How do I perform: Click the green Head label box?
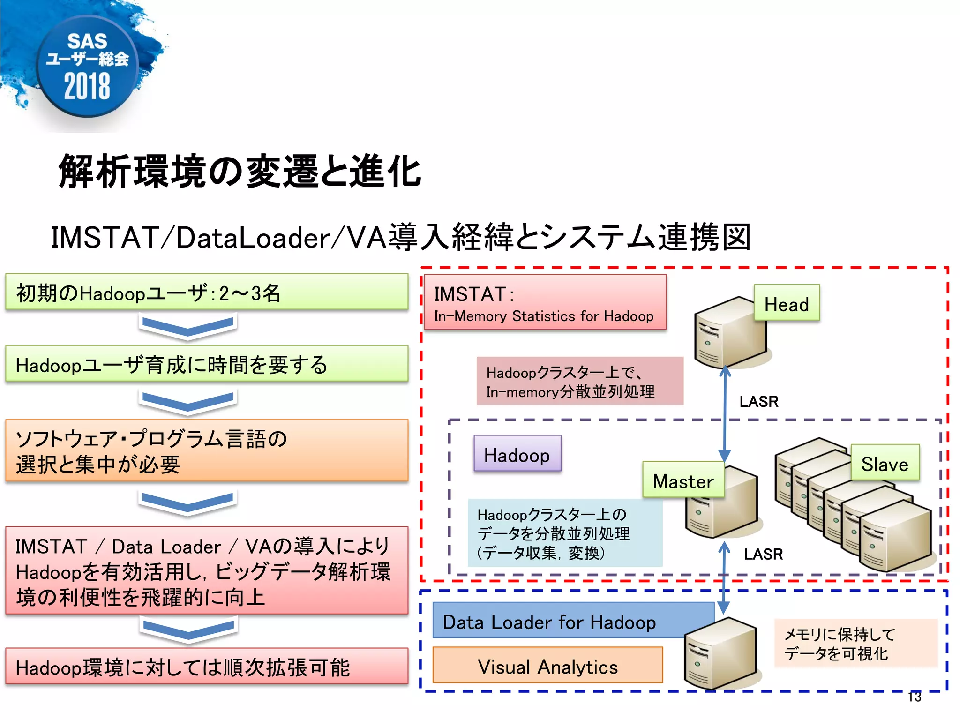(787, 303)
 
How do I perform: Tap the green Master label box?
(683, 480)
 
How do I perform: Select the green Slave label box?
(885, 463)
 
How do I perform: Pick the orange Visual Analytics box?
(547, 665)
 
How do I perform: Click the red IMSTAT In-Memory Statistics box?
(544, 303)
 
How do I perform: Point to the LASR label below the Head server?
(758, 401)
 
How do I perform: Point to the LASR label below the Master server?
(763, 554)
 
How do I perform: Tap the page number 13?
(915, 697)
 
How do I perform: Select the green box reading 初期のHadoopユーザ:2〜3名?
(206, 292)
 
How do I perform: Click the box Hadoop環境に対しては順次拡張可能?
(206, 666)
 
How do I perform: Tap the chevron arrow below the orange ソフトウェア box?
(187, 502)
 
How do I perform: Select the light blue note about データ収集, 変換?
(564, 533)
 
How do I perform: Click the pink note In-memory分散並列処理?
(579, 381)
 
